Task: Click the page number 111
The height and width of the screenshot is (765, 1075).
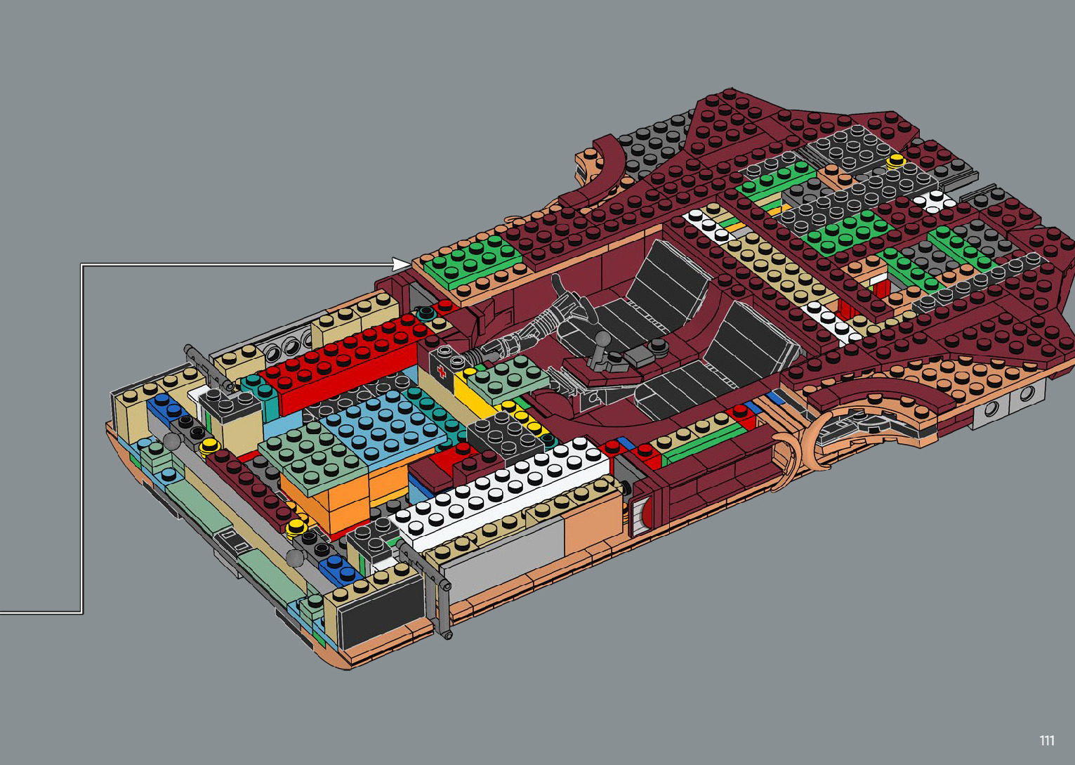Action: (1047, 740)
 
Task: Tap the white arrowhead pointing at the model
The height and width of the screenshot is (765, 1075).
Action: (402, 264)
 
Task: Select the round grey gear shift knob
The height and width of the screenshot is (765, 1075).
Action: (604, 339)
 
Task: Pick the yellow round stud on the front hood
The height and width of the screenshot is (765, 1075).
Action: (895, 162)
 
